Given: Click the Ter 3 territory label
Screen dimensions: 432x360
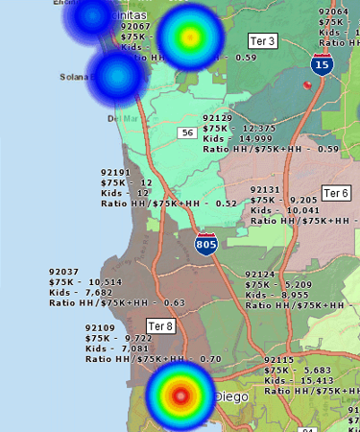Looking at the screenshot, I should [262, 41].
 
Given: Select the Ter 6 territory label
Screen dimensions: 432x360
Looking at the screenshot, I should [336, 193].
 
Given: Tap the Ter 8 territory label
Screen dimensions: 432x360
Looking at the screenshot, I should [160, 326].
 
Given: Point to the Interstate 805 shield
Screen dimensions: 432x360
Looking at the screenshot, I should [205, 244].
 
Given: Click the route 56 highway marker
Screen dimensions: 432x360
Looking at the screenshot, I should [187, 132].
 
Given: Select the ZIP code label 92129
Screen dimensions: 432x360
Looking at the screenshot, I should [218, 116].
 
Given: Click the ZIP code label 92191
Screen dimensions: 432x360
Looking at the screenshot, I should [115, 172].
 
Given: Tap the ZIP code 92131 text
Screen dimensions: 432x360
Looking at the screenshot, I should [265, 190].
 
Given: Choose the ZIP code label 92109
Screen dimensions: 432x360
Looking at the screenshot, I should [100, 327].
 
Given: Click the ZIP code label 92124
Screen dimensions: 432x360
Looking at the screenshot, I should [260, 275].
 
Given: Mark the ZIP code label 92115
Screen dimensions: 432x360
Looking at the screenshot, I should [279, 359].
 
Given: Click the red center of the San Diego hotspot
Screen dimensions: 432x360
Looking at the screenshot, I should [180, 395].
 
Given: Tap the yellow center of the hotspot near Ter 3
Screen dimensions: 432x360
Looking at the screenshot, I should [190, 36].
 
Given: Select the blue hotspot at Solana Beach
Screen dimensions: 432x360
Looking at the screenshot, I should [116, 76].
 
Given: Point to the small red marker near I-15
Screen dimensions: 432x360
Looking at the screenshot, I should [307, 84].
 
